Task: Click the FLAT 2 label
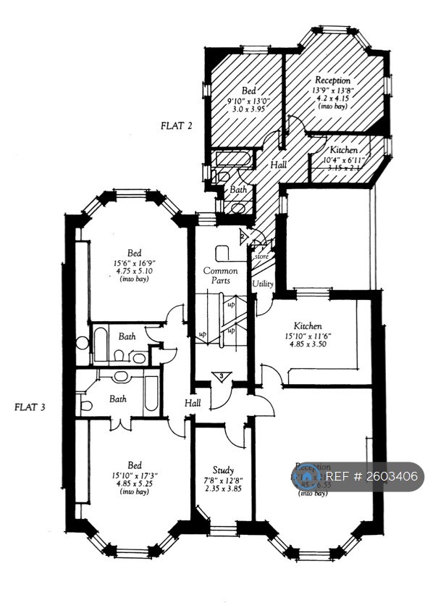(176, 125)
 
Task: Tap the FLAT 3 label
(30, 407)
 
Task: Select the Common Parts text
(216, 275)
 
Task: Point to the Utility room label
(262, 283)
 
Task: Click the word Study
(223, 470)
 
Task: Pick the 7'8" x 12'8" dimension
(223, 480)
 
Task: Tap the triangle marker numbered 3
(222, 376)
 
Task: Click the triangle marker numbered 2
(243, 236)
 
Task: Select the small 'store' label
(261, 255)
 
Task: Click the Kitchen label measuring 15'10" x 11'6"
(308, 326)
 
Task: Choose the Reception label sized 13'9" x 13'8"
(332, 80)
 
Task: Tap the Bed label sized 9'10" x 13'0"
(249, 90)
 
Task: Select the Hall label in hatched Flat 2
(279, 165)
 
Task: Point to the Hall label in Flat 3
(193, 403)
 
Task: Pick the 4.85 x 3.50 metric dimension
(308, 346)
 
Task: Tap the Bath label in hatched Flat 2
(238, 189)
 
